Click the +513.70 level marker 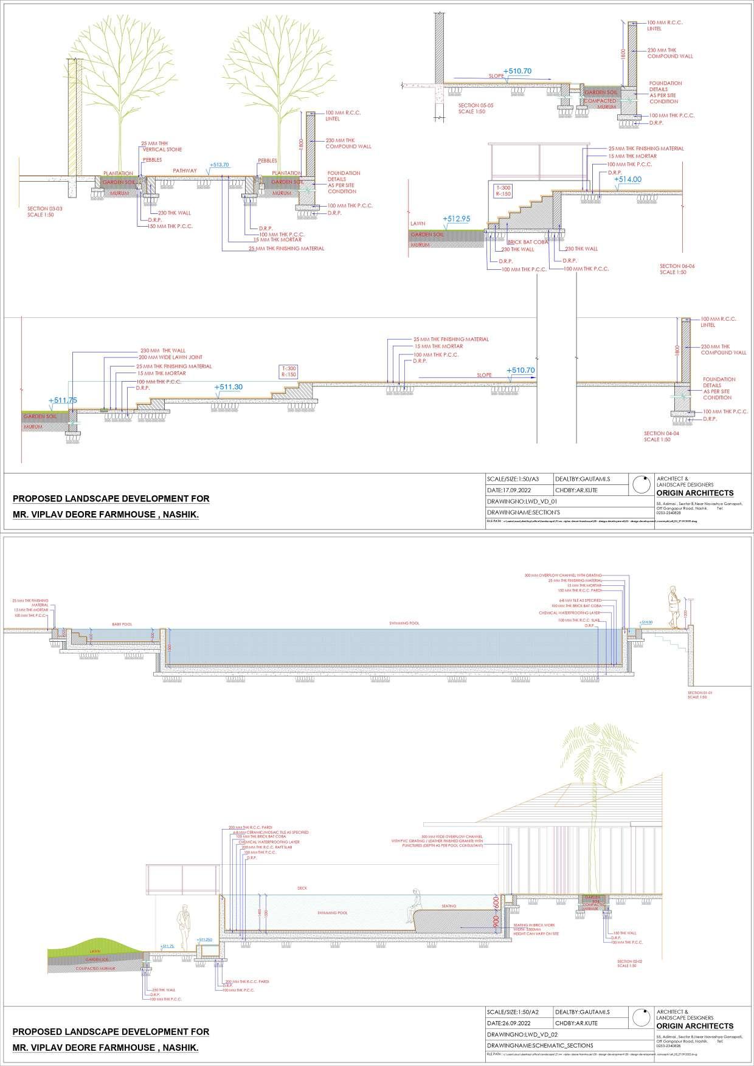[x=219, y=165]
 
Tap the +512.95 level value [x=457, y=219]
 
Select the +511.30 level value [x=228, y=387]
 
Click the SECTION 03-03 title [x=44, y=211]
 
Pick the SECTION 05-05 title [x=476, y=108]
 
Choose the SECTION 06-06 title [x=677, y=269]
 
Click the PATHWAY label [x=185, y=171]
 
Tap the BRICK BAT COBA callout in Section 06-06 [x=527, y=242]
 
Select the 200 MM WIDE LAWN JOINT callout [x=170, y=357]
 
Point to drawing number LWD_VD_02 [x=522, y=1034]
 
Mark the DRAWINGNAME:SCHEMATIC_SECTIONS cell [x=539, y=1045]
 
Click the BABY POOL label [x=121, y=624]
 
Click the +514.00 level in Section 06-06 [x=627, y=179]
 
